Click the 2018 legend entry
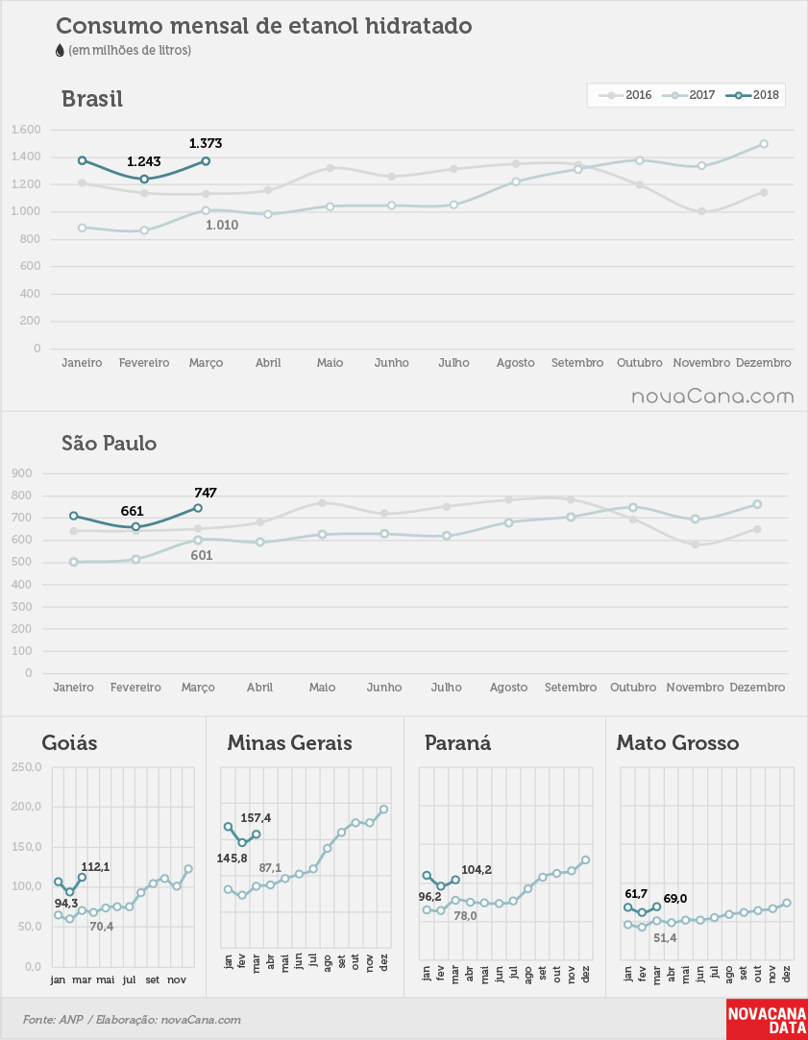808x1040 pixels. pyautogui.click(x=753, y=95)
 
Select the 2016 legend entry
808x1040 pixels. pyautogui.click(x=625, y=95)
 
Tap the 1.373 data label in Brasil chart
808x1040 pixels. pyautogui.click(x=206, y=143)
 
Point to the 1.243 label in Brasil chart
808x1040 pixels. pyautogui.click(x=144, y=162)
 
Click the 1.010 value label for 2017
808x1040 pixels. pyautogui.click(x=222, y=225)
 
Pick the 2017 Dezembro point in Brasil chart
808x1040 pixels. pyautogui.click(x=764, y=144)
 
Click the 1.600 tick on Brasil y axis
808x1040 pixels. pyautogui.click(x=26, y=130)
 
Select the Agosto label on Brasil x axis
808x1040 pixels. pyautogui.click(x=515, y=363)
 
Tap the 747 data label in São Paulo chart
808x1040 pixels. pyautogui.click(x=206, y=493)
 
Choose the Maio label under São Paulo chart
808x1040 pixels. pyautogui.click(x=322, y=688)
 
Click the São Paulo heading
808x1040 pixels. pyautogui.click(x=110, y=443)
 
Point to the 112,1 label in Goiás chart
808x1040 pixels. pyautogui.click(x=95, y=867)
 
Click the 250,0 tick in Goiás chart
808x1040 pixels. pyautogui.click(x=27, y=767)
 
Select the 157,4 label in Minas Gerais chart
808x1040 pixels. pyautogui.click(x=256, y=818)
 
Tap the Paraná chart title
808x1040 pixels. pyautogui.click(x=457, y=743)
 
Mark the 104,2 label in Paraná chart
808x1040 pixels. pyautogui.click(x=477, y=870)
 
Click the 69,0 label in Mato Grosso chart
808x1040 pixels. pyautogui.click(x=674, y=899)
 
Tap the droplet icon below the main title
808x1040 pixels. pyautogui.click(x=61, y=50)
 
